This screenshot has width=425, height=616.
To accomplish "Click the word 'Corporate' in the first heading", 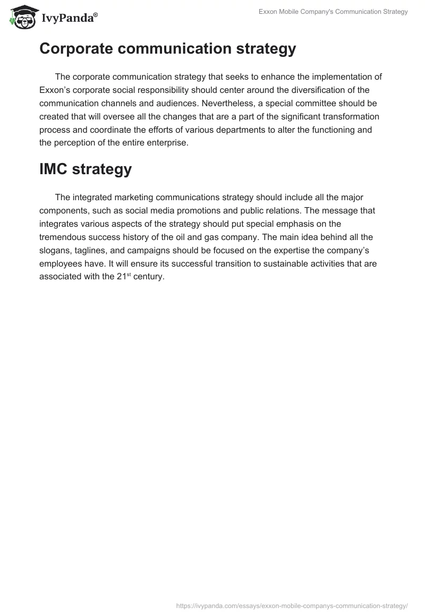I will (78, 49).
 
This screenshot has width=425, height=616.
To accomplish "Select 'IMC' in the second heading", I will (53, 170).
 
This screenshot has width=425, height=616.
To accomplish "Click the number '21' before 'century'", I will (121, 277).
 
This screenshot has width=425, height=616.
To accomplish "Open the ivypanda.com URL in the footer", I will (292, 605).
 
